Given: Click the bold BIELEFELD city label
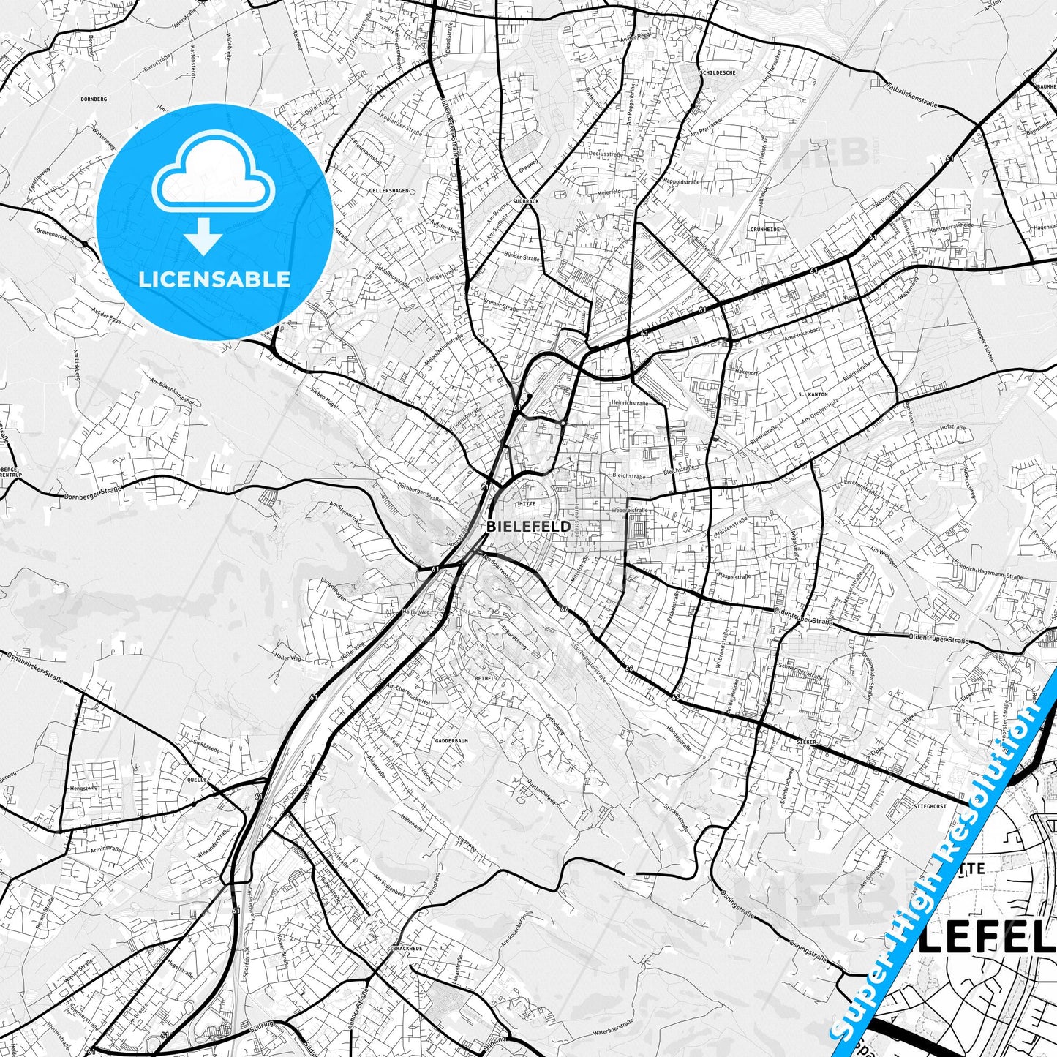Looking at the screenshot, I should tap(528, 527).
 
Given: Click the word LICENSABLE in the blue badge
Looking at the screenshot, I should tap(214, 279).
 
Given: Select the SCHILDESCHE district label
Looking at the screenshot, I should tap(718, 73).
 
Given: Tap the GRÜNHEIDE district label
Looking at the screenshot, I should tap(764, 229).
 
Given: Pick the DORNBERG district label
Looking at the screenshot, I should tap(94, 99).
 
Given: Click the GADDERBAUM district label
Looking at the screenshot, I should tap(451, 740).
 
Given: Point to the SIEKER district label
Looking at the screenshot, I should tap(806, 742).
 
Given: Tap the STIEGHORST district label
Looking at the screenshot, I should tap(930, 806).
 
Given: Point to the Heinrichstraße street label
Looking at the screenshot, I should tap(630, 402).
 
